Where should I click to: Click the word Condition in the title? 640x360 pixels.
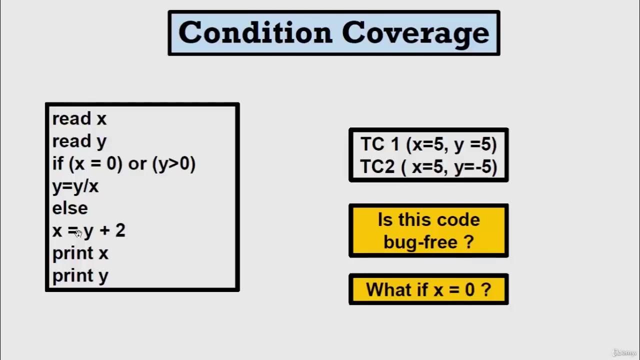click(x=255, y=33)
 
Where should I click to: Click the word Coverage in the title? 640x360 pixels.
click(x=415, y=33)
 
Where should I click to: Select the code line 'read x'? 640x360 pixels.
click(x=79, y=119)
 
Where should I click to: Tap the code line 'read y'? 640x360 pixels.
click(x=79, y=141)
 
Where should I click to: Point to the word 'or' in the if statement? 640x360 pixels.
click(x=137, y=164)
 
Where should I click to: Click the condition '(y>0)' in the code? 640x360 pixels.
click(x=174, y=164)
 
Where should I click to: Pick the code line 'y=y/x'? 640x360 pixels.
click(x=75, y=186)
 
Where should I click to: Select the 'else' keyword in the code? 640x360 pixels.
click(x=70, y=208)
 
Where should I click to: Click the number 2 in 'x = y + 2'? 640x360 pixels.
click(x=120, y=230)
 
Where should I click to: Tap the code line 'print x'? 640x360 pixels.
click(x=80, y=253)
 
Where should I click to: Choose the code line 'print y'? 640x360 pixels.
click(x=80, y=276)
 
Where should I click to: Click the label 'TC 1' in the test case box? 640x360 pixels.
click(x=380, y=144)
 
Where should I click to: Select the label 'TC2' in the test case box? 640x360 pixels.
click(x=377, y=167)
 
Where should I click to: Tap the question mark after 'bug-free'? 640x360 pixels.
click(x=468, y=242)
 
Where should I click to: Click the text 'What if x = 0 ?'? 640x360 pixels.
click(x=428, y=289)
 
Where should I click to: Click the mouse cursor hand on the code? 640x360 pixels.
click(x=78, y=233)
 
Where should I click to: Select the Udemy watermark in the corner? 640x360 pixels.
click(x=624, y=352)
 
